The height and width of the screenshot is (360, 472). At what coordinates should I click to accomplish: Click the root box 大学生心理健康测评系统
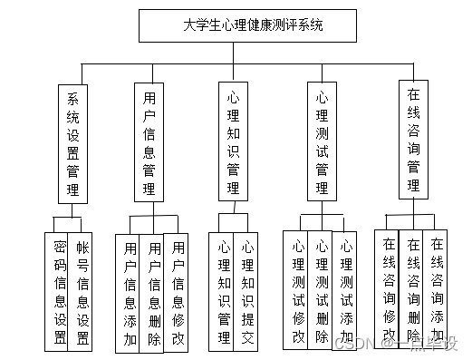(239, 25)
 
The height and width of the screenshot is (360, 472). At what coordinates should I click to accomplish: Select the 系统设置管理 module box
(72, 142)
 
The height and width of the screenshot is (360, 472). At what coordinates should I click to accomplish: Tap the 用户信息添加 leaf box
(130, 292)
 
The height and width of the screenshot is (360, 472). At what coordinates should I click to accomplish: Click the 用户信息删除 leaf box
(154, 292)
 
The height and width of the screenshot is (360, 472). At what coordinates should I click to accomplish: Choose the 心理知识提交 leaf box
(247, 291)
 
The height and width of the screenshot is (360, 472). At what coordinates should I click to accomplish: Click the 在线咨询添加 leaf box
(437, 287)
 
